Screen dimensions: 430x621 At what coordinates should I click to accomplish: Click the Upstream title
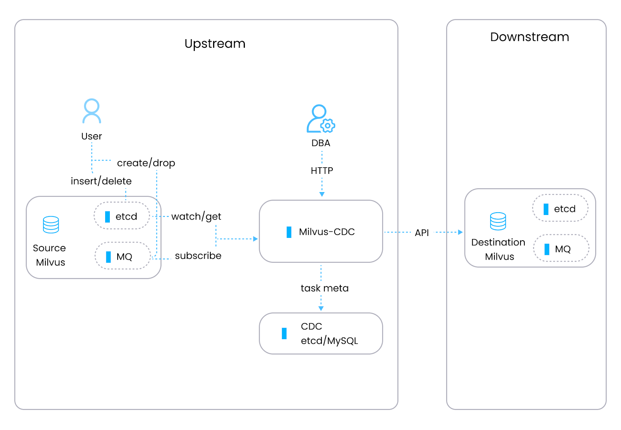[x=215, y=43]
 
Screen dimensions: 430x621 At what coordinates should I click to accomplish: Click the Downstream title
[x=529, y=37]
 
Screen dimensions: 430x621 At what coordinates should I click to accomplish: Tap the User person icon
[x=92, y=111]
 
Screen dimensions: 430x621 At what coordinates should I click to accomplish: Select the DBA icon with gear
[x=320, y=119]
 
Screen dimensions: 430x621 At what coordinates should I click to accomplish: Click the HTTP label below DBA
[x=322, y=171]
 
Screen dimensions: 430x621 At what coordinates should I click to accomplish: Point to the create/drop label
[x=146, y=163]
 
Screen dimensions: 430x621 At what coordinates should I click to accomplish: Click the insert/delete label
[x=101, y=181]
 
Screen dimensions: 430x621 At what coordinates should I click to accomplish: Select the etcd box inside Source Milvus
[x=122, y=216]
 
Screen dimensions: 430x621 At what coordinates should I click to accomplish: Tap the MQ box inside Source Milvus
[x=123, y=256]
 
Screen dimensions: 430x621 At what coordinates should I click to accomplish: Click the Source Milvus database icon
[x=51, y=225]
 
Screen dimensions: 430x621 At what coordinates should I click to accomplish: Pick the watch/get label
[x=196, y=217]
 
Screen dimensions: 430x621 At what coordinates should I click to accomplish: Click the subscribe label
[x=198, y=256]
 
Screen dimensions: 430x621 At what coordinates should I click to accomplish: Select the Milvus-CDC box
[x=321, y=232]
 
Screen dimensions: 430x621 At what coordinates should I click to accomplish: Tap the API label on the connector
[x=422, y=233]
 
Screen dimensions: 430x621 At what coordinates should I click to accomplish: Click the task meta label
[x=324, y=288]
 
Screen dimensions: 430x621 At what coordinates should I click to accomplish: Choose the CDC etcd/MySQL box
[x=321, y=333]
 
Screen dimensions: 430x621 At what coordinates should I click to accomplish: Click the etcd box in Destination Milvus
[x=560, y=209]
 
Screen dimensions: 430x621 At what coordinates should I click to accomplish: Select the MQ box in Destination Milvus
[x=561, y=249]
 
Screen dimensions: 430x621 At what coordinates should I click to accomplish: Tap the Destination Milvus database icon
[x=498, y=221]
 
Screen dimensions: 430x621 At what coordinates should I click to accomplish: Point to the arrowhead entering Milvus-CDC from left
[x=255, y=239]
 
